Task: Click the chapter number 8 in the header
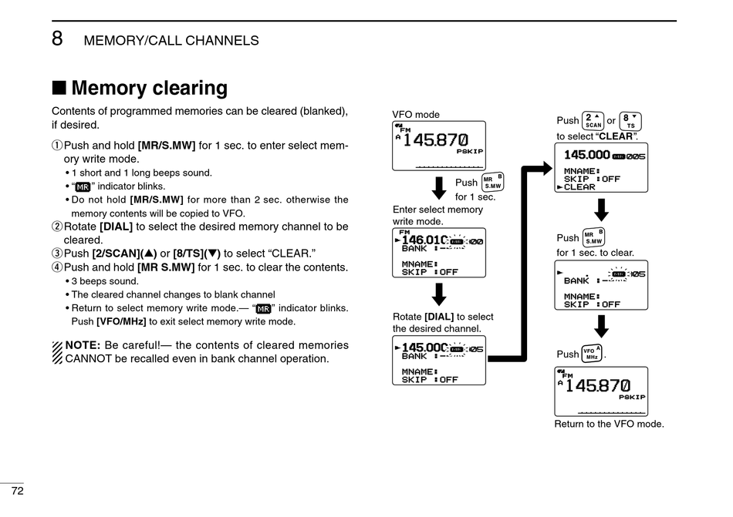pos(57,39)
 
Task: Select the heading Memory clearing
pos(149,88)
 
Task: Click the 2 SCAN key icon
pos(593,121)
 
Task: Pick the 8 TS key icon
pos(630,121)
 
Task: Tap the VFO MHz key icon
pos(592,354)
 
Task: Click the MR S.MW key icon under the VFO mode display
pos(491,182)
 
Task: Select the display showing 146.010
pos(439,252)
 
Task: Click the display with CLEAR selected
pos(601,167)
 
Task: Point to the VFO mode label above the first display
pos(416,115)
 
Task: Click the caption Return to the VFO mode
pos(609,424)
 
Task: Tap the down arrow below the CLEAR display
pos(602,209)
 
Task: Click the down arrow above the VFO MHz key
pos(602,326)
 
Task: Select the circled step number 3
pos(56,253)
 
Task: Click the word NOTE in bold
pos(83,344)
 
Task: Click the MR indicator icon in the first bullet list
pos(83,186)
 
